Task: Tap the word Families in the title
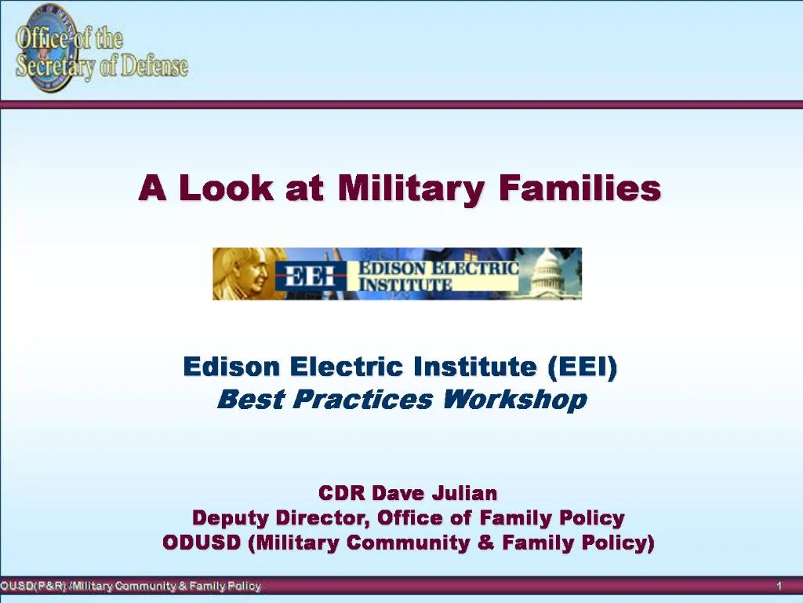tap(580, 189)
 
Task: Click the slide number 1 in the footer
tap(779, 587)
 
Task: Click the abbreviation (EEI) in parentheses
tap(583, 367)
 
